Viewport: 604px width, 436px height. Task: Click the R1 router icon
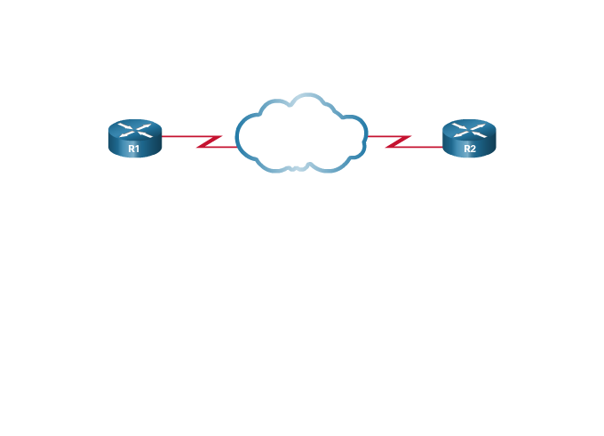(x=135, y=138)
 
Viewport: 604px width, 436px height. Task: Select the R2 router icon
(x=469, y=138)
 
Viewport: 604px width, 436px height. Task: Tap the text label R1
(x=133, y=149)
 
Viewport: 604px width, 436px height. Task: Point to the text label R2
(x=470, y=149)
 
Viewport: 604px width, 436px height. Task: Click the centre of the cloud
(x=301, y=133)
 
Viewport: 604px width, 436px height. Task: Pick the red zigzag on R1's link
(x=209, y=141)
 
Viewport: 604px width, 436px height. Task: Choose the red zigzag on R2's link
(x=398, y=141)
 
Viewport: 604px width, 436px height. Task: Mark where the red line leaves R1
(x=163, y=136)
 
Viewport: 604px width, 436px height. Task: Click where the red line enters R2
(x=442, y=147)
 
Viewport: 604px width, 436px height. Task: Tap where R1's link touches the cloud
(x=237, y=147)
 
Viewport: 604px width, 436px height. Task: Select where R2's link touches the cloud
(x=368, y=136)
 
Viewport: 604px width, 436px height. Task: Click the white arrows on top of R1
(x=135, y=130)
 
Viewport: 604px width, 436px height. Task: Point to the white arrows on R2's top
(x=469, y=130)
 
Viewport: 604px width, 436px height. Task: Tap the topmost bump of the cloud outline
(x=307, y=94)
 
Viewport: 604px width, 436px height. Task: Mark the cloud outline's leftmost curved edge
(x=237, y=136)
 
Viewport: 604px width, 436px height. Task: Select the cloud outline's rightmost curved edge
(x=366, y=135)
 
